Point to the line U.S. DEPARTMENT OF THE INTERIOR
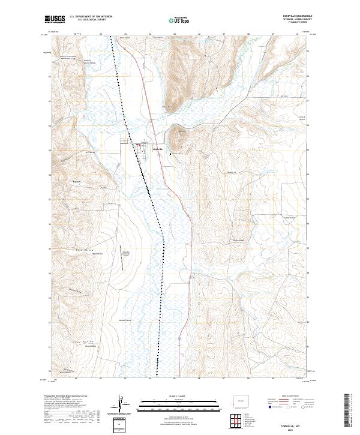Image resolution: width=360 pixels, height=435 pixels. (x=91, y=16)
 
